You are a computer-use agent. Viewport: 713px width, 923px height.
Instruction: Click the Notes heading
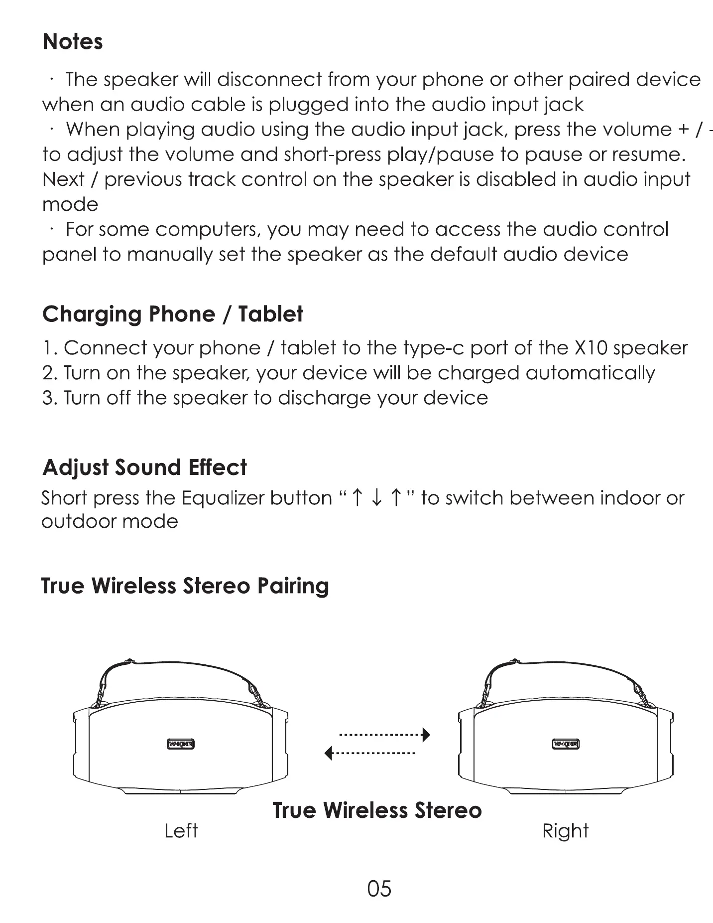click(x=73, y=42)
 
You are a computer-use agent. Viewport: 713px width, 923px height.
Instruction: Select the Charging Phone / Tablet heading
click(x=173, y=314)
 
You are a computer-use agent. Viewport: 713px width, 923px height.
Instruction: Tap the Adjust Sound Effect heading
click(x=144, y=467)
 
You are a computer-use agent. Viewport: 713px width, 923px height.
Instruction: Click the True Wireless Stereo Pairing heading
click(x=185, y=586)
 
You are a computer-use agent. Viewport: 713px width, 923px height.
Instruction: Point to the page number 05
click(x=379, y=889)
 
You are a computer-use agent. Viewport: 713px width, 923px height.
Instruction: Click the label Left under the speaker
click(x=181, y=831)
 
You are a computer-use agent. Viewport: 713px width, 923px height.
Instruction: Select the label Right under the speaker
click(x=565, y=831)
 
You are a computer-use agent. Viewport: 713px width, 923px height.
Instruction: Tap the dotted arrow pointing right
click(x=384, y=735)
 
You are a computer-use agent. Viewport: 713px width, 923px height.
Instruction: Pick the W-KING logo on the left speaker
click(x=180, y=745)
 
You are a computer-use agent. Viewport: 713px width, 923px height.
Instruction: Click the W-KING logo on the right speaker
click(x=566, y=745)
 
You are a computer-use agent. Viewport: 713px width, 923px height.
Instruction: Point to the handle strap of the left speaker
click(x=179, y=668)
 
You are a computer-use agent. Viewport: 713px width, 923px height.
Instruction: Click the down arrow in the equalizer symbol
click(x=377, y=498)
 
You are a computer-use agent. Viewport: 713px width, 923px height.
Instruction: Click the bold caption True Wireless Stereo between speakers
click(x=377, y=810)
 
